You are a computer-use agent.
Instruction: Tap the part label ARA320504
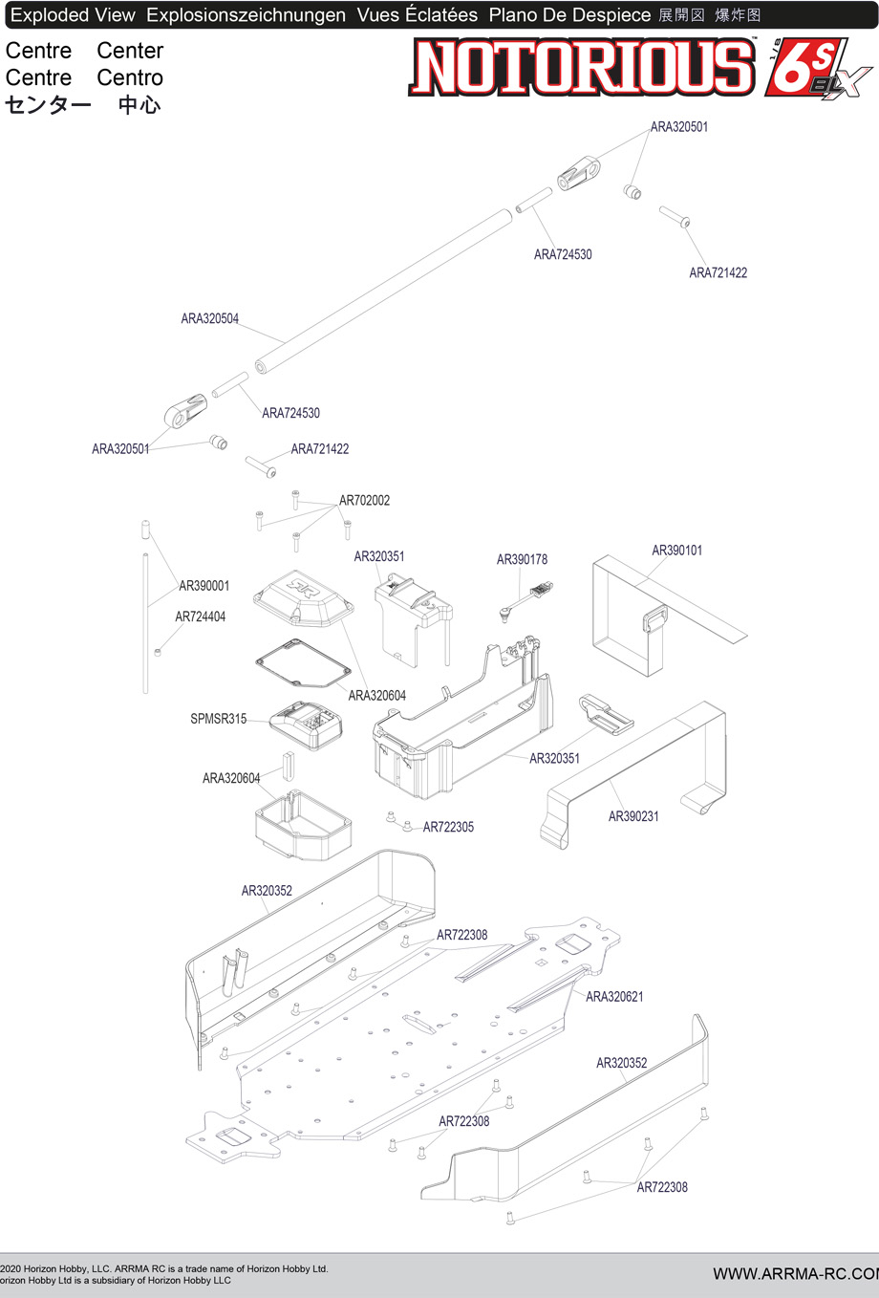210,319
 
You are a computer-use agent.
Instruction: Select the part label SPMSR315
218,720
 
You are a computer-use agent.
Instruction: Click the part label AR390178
522,560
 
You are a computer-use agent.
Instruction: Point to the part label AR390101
676,551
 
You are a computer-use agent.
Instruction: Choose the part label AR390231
633,816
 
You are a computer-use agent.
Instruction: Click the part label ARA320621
614,997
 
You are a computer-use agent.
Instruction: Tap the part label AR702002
364,501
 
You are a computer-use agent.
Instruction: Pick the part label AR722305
448,828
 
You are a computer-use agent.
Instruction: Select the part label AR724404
201,617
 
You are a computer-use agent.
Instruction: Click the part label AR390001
204,586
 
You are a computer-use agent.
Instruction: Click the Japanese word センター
48,105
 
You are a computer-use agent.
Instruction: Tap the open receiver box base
302,824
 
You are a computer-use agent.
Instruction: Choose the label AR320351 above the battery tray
379,557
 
